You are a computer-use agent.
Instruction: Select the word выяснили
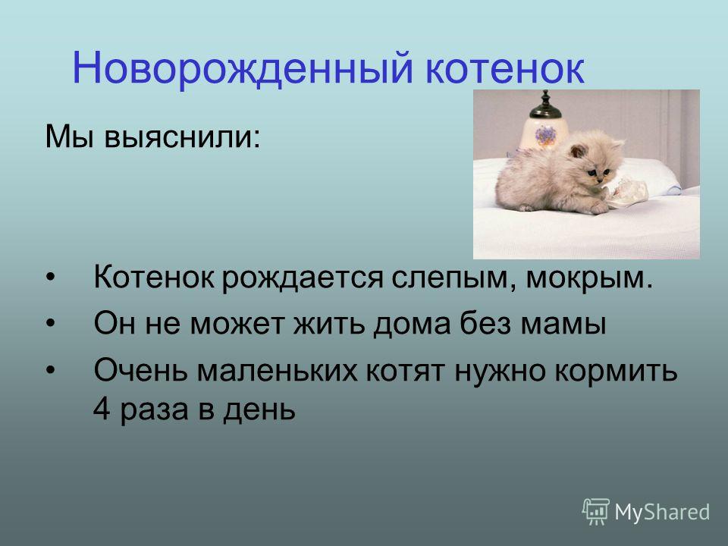(x=182, y=138)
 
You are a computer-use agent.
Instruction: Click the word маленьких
(x=278, y=371)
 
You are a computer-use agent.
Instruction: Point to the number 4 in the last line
(x=102, y=409)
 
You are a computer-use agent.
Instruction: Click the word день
(x=259, y=411)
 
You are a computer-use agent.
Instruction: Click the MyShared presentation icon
(x=596, y=511)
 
